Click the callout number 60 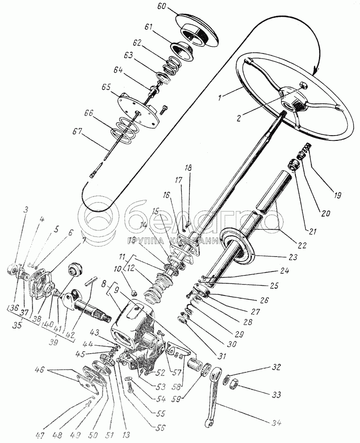coord(162,7)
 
